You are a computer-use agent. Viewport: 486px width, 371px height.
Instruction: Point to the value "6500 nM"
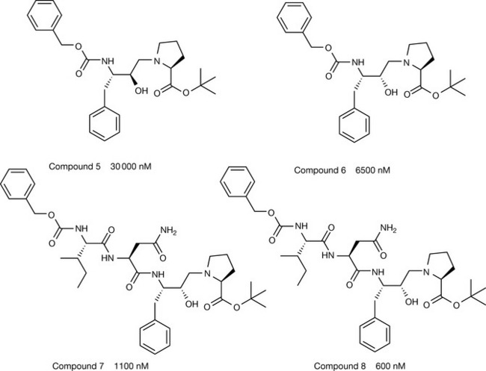[x=371, y=171]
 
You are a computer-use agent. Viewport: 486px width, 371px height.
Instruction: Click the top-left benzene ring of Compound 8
[x=237, y=181]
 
